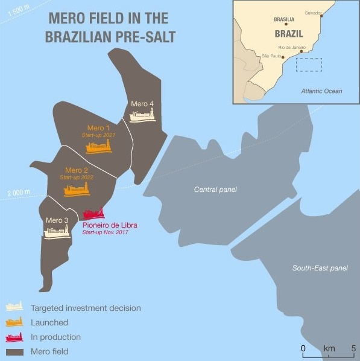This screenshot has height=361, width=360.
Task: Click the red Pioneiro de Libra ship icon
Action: coord(93,214)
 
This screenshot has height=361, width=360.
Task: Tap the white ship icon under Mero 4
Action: coord(142,115)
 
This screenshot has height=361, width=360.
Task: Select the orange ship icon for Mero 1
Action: coord(98,146)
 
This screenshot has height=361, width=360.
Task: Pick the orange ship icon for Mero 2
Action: coord(77,189)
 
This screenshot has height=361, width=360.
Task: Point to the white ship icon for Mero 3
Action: coord(57,231)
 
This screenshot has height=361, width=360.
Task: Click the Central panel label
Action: coord(215,190)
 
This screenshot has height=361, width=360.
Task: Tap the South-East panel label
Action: coord(320,268)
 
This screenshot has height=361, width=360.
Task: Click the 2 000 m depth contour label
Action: coord(19,193)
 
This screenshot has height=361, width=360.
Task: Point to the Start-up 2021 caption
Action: coord(98,135)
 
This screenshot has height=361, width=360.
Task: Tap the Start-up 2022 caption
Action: coord(77,177)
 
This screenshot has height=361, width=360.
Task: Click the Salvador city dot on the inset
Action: coord(321,16)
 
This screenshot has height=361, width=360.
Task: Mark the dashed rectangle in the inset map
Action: coord(309,65)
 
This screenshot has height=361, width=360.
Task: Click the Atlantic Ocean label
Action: coord(321,91)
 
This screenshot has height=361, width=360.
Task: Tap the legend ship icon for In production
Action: coord(14,337)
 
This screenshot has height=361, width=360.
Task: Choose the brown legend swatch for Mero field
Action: coord(14,351)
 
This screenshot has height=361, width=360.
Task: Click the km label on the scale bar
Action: coord(329,348)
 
